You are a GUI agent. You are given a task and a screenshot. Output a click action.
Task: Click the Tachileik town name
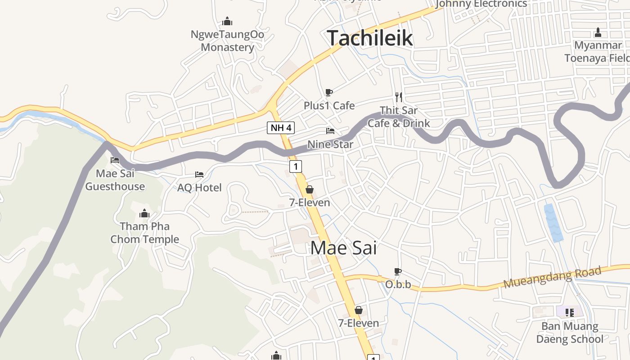click(x=369, y=38)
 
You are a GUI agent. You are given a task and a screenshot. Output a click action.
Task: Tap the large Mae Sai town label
click(x=343, y=248)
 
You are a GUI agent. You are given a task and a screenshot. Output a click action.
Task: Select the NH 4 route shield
click(x=281, y=128)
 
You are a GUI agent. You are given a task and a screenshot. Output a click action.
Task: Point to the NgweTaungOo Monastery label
click(x=227, y=41)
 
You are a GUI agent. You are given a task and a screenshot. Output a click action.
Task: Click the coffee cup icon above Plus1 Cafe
click(x=329, y=93)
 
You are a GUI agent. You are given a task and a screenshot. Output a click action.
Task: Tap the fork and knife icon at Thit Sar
click(x=398, y=97)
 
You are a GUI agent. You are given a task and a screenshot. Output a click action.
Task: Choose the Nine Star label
click(x=330, y=144)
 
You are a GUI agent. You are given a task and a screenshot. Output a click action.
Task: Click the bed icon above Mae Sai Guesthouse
click(x=115, y=160)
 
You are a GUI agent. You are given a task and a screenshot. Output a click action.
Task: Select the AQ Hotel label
click(x=199, y=188)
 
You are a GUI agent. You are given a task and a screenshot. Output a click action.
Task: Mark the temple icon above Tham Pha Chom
click(x=144, y=213)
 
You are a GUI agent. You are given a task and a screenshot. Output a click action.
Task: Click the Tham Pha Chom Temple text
click(x=144, y=233)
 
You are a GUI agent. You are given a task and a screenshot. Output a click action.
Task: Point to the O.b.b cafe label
click(x=398, y=285)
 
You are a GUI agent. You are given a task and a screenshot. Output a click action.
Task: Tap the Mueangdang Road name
click(x=552, y=278)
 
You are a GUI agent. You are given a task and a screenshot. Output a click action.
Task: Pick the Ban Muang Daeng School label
click(x=570, y=333)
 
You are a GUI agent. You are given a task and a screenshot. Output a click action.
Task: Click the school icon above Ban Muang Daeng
click(x=569, y=312)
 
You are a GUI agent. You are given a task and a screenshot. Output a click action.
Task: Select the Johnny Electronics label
click(x=481, y=4)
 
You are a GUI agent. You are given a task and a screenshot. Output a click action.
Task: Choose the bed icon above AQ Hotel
click(x=199, y=174)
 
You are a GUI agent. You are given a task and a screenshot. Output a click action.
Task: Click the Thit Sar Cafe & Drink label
click(x=399, y=117)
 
